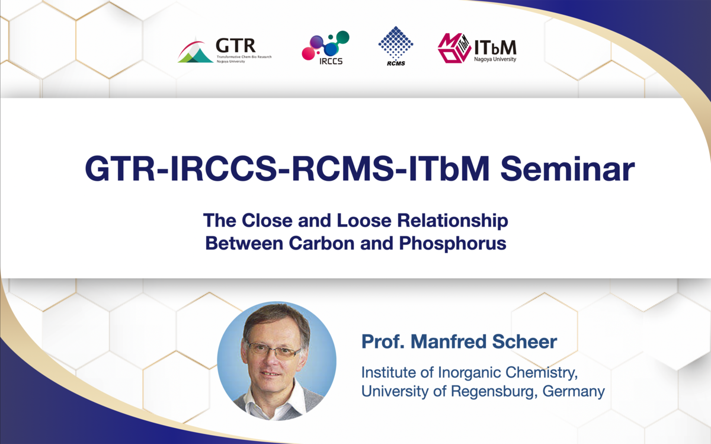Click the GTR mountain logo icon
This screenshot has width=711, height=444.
pyautogui.click(x=195, y=51)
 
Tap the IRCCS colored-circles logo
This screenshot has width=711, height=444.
pyautogui.click(x=325, y=46)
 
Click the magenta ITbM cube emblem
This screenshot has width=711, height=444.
pyautogui.click(x=454, y=48)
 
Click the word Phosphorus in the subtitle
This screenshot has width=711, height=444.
pyautogui.click(x=453, y=244)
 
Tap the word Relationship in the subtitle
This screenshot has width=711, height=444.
pyautogui.click(x=453, y=221)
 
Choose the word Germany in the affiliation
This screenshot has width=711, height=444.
pyautogui.click(x=574, y=392)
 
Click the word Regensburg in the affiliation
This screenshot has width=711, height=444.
pyautogui.click(x=494, y=392)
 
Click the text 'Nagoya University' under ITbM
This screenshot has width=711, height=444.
pyautogui.click(x=495, y=59)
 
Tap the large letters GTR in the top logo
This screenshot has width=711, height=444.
pyautogui.click(x=236, y=46)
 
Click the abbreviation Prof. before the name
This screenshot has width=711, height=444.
pyautogui.click(x=383, y=341)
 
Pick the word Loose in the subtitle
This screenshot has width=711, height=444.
pyautogui.click(x=364, y=221)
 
